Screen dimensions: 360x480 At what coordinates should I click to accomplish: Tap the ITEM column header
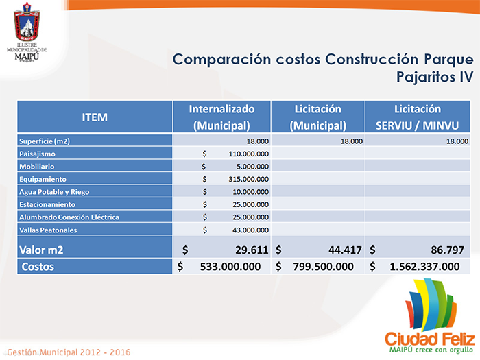pyautogui.click(x=95, y=117)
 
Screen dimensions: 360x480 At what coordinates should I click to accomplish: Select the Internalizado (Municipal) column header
pyautogui.click(x=221, y=117)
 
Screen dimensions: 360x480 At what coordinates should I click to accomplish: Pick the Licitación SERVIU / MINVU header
pyautogui.click(x=418, y=117)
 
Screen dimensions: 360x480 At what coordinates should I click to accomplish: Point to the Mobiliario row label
pyautogui.click(x=37, y=166)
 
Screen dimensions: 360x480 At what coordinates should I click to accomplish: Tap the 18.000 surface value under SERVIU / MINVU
pyautogui.click(x=457, y=141)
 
